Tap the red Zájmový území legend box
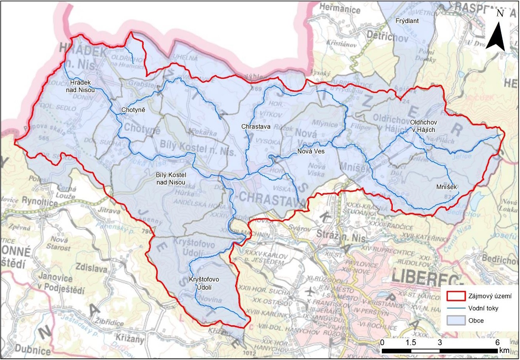(x=455, y=296)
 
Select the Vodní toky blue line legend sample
(x=455, y=308)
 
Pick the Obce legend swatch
(x=455, y=321)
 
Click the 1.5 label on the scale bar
(x=411, y=342)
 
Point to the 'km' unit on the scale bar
(x=503, y=349)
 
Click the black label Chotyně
(x=133, y=110)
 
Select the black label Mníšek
(x=447, y=187)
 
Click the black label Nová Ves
(x=311, y=151)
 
